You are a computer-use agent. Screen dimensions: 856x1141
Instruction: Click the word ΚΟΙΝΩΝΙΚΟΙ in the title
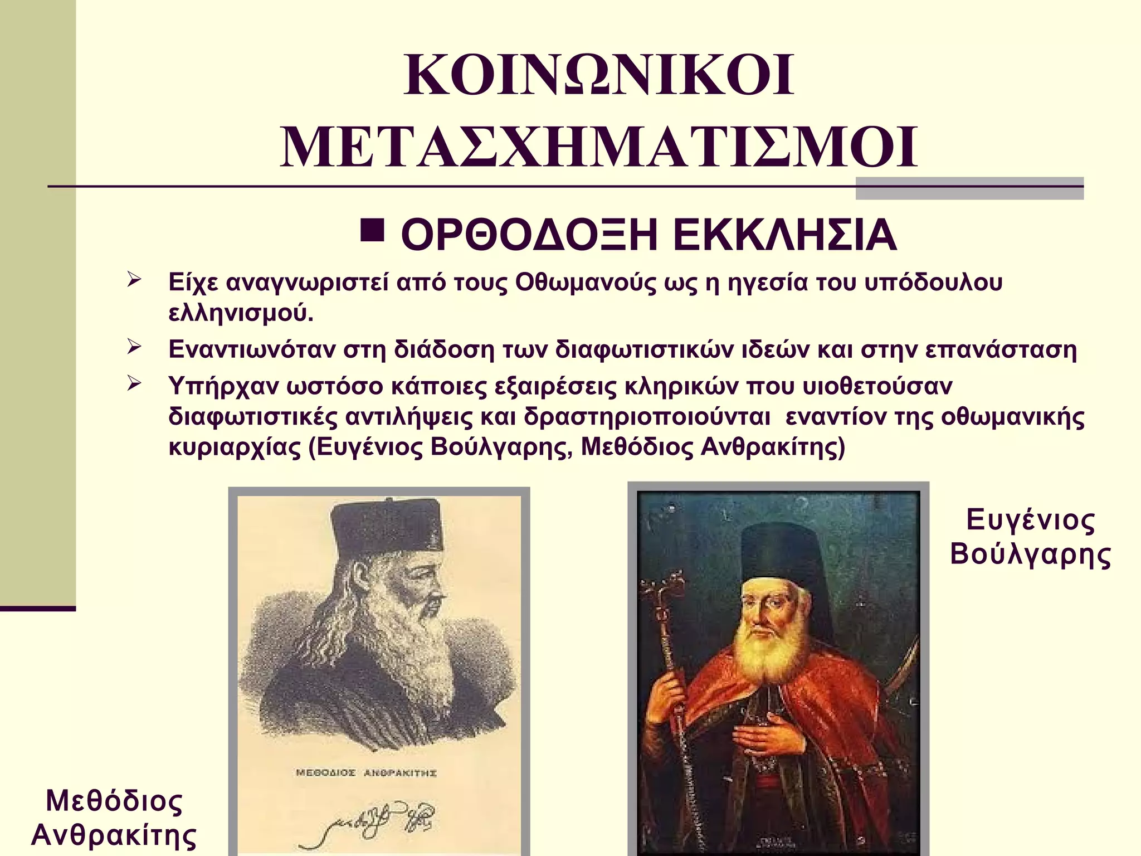599,76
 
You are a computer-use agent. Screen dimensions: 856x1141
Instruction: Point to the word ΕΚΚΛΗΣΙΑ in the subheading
784,236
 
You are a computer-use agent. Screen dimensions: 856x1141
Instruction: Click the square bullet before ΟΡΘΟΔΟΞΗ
372,230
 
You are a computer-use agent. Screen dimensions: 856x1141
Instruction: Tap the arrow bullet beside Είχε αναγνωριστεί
134,279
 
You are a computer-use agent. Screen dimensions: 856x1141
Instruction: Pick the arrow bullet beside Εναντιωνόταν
134,347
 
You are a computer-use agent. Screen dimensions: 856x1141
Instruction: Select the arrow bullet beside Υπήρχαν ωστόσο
134,383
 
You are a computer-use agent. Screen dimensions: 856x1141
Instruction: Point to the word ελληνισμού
241,313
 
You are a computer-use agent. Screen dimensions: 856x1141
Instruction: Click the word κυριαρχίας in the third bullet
234,447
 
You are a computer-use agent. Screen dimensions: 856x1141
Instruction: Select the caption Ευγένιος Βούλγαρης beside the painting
1031,537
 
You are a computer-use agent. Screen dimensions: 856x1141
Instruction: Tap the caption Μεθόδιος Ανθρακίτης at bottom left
114,818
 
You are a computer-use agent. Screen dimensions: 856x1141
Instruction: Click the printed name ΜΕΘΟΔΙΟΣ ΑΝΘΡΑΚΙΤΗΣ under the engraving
366,773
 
